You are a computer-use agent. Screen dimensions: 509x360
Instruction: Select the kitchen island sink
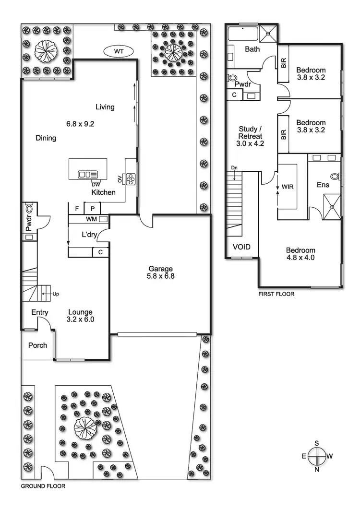coord(88,175)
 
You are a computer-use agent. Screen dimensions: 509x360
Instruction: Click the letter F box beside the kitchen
coord(76,209)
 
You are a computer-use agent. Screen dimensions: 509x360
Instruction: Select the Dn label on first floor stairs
coord(234,167)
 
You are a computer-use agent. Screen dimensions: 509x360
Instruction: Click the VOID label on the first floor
coord(241,247)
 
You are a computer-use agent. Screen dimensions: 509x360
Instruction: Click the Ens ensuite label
coord(323,184)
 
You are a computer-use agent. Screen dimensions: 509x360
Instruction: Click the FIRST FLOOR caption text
coord(276,294)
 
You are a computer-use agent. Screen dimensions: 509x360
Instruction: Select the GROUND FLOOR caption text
coord(43,486)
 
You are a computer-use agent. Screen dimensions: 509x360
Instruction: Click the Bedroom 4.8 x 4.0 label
coord(300,254)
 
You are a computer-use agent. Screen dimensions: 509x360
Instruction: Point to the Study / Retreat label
coord(251,136)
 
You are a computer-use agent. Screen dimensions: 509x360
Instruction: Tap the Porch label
coord(37,345)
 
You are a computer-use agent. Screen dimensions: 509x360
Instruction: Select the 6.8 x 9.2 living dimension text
coord(80,123)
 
